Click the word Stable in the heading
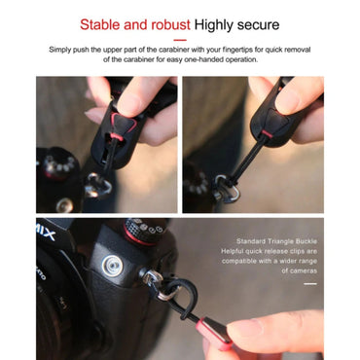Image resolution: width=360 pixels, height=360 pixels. coord(101,24)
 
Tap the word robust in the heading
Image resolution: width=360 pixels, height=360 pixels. coord(167,24)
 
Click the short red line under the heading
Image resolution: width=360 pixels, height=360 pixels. coord(179,41)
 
